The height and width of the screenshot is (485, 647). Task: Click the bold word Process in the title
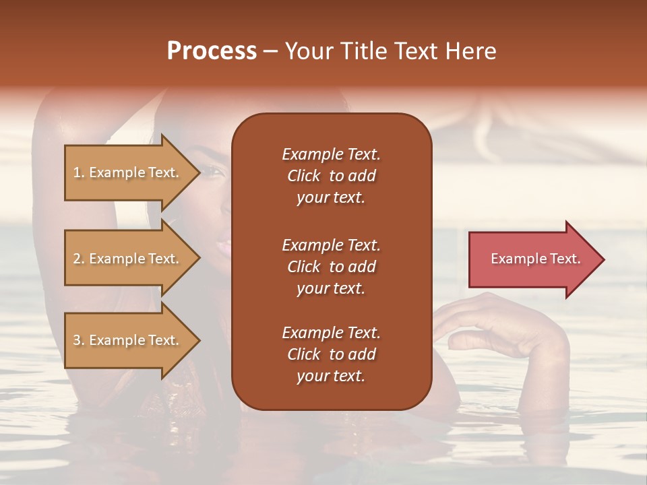pos(212,51)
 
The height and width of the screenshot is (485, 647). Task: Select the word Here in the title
pos(471,51)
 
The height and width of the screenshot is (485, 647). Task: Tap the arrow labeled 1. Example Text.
pos(128,172)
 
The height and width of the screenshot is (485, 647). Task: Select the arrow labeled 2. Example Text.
pos(128,259)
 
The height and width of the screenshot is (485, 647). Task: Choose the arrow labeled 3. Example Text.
pos(128,340)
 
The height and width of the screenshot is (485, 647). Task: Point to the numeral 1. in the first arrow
pos(79,172)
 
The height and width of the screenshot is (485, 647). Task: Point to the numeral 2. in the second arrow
pos(79,259)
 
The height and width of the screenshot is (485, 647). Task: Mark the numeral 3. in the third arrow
pos(79,340)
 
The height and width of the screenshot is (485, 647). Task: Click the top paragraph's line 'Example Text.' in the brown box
pos(331,154)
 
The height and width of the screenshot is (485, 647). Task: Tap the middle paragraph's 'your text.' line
pos(331,288)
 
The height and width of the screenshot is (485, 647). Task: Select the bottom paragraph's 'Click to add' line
pos(331,354)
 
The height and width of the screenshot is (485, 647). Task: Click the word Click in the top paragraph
pos(303,176)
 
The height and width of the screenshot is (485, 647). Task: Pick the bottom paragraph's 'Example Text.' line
pos(331,333)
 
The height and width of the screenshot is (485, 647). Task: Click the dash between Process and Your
pos(270,52)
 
